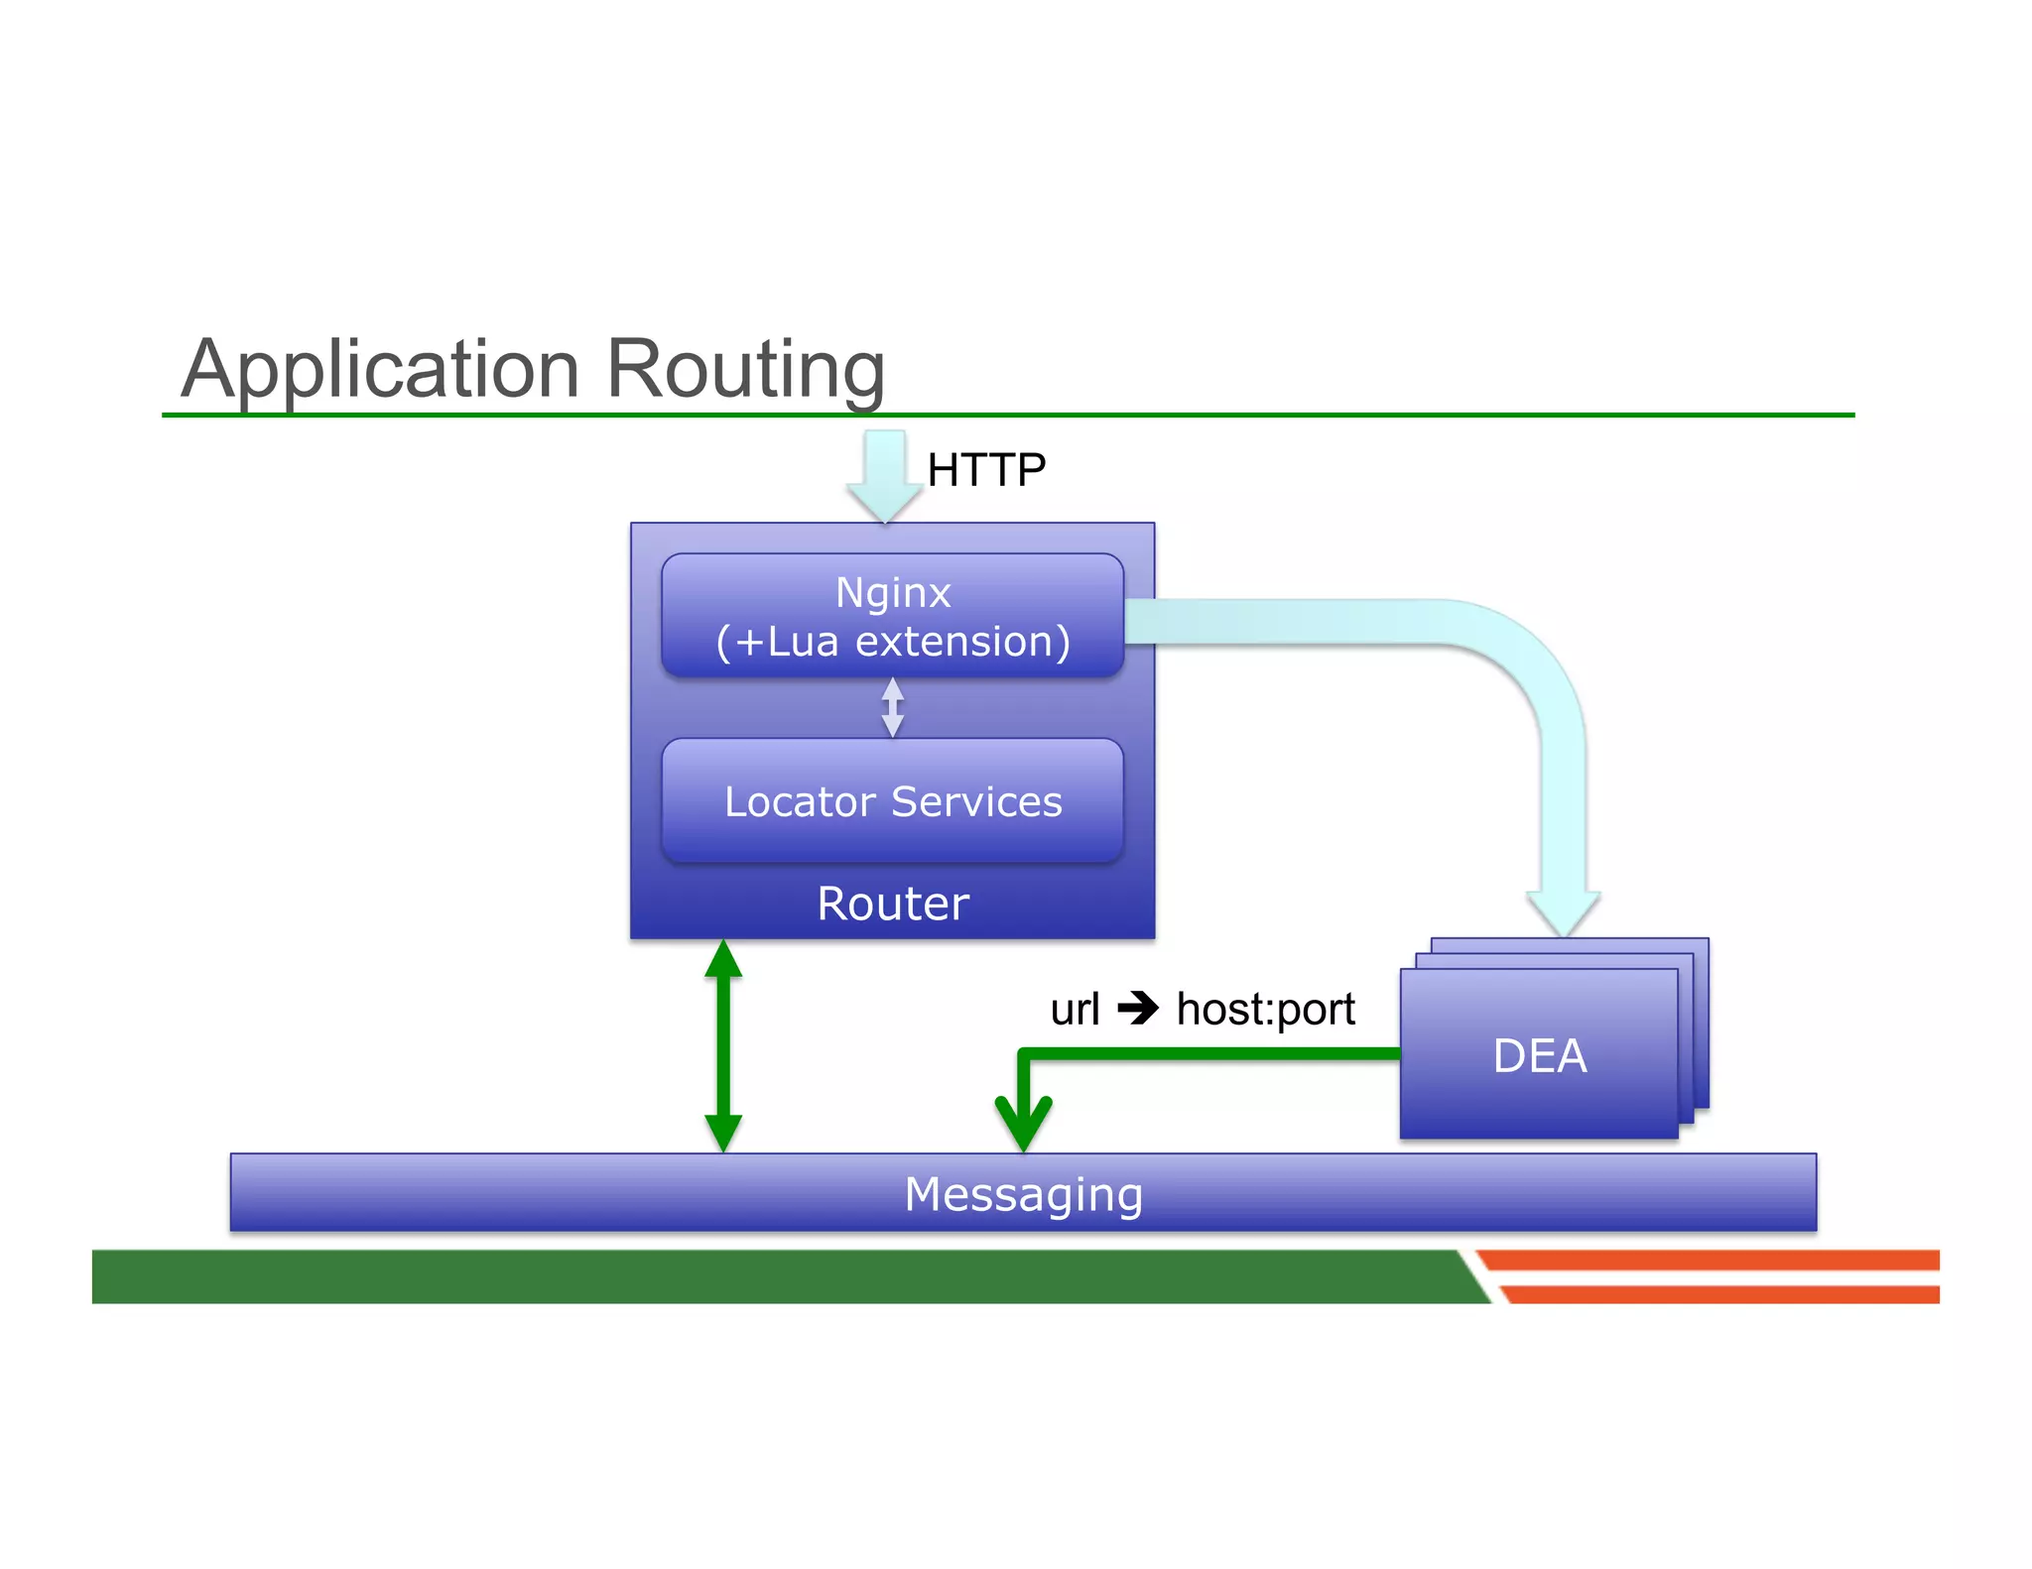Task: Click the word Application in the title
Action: pos(380,369)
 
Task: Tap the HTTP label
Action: pos(985,469)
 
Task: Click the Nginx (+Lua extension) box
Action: pos(892,615)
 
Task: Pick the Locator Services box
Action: pos(892,800)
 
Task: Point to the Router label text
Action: pos(892,904)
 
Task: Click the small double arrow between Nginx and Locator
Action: pos(892,707)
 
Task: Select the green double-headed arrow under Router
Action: pos(723,1045)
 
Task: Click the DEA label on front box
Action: pos(1539,1055)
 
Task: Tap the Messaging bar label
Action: pos(1023,1193)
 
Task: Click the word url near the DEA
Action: pos(1075,1010)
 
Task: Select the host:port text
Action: pos(1265,1010)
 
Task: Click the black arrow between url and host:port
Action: pos(1138,1010)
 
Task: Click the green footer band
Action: pos(774,1276)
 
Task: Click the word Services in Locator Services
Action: pos(976,800)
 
